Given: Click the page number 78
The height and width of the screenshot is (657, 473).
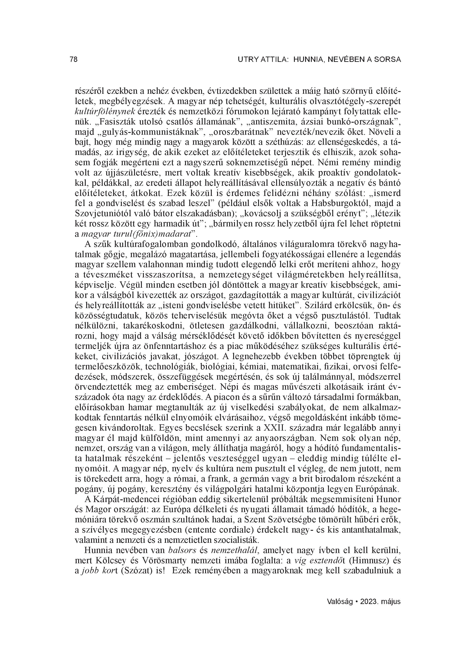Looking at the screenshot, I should tap(74, 60).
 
